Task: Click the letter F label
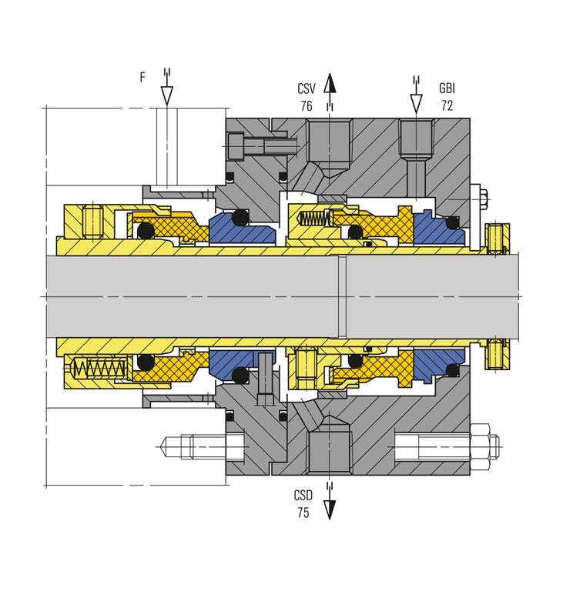tap(142, 77)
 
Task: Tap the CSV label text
tap(307, 89)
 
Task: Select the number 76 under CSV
tap(307, 106)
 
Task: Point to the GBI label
tap(447, 88)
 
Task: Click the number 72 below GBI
tap(447, 105)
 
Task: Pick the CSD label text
tap(303, 496)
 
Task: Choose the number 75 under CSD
tap(303, 513)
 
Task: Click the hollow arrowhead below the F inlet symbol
tap(167, 95)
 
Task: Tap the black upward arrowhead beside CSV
tap(330, 83)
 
